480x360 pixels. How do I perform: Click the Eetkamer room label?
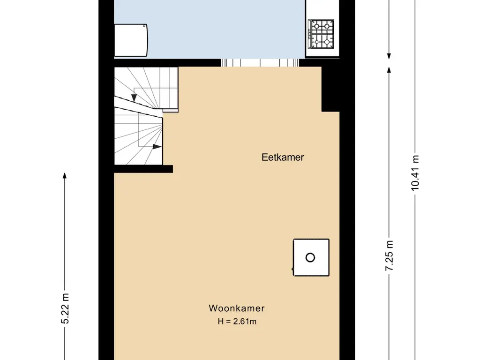coord(283,157)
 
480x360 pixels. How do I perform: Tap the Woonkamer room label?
coord(237,308)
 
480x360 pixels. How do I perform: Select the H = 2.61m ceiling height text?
coord(237,322)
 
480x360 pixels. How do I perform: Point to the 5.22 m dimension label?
coord(65,308)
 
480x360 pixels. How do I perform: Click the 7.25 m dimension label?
coord(389,255)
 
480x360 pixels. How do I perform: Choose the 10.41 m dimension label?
coord(415,173)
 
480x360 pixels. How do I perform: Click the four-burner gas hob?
coord(322,34)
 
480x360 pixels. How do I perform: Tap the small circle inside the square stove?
coord(310,258)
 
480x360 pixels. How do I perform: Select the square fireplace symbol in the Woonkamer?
coord(311,257)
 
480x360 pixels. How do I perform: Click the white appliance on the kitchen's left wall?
coord(131,40)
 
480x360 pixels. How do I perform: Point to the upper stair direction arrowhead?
coord(134,97)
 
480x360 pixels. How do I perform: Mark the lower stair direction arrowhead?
coord(157,147)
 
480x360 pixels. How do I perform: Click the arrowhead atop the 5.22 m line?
coord(65,175)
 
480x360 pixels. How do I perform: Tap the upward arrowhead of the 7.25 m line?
coord(389,69)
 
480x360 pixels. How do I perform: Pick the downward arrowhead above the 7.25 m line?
coord(389,56)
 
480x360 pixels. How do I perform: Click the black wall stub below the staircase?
coord(143,169)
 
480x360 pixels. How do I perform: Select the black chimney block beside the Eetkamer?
coord(330,89)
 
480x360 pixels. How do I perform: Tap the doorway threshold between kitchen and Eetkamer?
coord(260,63)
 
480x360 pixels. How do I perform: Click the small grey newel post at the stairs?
coord(170,111)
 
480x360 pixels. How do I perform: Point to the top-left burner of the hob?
coord(316,26)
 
